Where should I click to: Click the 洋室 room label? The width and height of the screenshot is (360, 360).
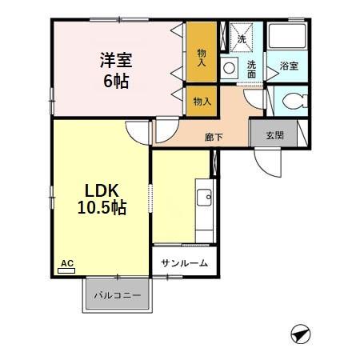pos(115,60)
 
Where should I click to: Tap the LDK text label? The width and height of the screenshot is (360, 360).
pos(102,190)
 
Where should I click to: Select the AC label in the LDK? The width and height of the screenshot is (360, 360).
pos(66,262)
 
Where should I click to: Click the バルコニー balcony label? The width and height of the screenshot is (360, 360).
pos(117,295)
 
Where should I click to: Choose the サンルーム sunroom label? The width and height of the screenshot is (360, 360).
pos(183,263)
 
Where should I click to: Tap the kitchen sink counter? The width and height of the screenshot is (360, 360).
pos(204,212)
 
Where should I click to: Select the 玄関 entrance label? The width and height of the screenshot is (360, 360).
pos(274,135)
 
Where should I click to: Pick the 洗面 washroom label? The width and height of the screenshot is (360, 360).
pos(251,69)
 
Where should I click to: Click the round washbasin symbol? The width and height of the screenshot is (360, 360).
pos(230,69)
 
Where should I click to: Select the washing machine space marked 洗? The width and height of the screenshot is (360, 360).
pos(240,36)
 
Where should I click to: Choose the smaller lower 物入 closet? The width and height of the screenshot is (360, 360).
pos(202,101)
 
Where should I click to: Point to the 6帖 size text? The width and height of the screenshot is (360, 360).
pos(115,81)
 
